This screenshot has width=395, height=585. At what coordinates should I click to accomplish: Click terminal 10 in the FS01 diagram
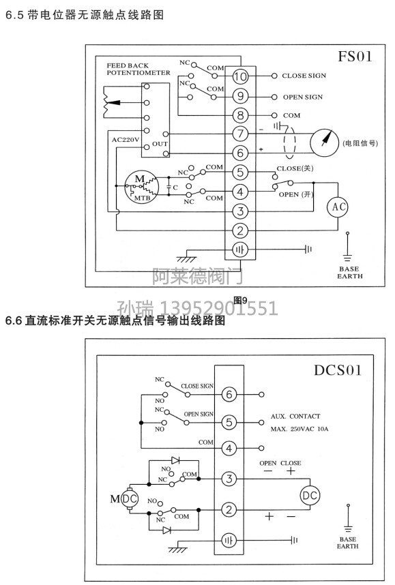(240, 76)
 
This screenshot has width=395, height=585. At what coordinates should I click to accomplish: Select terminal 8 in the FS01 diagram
(240, 115)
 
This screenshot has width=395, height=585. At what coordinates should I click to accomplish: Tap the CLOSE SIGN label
(304, 76)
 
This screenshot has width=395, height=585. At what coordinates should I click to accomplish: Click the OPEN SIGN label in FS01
(303, 97)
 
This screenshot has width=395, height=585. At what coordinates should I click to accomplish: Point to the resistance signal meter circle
(325, 143)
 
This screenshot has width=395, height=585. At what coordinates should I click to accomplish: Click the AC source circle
(338, 207)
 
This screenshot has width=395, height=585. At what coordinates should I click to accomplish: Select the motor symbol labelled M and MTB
(141, 187)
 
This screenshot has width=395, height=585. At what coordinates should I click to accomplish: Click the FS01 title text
(355, 57)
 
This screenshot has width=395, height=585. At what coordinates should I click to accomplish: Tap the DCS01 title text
(338, 370)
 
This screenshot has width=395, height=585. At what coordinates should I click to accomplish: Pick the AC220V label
(125, 140)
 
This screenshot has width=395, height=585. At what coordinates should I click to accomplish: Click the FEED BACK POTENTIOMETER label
(138, 69)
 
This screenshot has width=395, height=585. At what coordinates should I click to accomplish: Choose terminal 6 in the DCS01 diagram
(229, 394)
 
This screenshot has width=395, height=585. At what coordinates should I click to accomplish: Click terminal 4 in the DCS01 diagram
(229, 448)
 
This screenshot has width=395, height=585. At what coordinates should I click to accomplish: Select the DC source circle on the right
(310, 496)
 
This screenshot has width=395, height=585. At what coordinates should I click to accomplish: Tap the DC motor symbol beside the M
(130, 499)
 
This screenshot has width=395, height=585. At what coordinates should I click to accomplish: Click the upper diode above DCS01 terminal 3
(175, 460)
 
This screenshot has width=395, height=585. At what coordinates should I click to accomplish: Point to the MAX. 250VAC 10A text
(299, 429)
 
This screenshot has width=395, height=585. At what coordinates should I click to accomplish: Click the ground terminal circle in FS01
(240, 250)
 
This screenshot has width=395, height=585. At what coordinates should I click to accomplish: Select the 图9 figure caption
(240, 300)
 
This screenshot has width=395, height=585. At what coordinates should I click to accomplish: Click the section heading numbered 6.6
(115, 320)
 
